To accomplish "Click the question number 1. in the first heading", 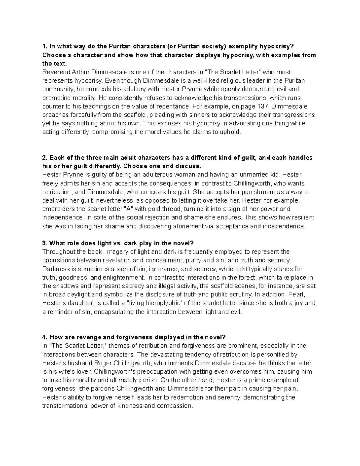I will click(45, 46).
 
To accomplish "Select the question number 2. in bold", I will click(45, 158).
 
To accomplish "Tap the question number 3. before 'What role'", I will click(45, 243).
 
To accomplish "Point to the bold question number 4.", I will click(45, 337).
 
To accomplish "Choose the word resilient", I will click(303, 218).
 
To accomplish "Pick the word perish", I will click(148, 380).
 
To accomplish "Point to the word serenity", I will click(229, 397).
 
